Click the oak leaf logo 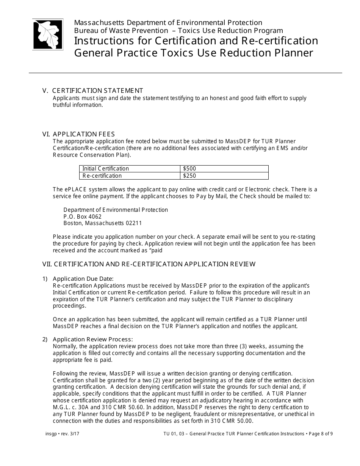click(x=48, y=34)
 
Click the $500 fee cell click(x=189, y=169)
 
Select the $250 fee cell click(x=189, y=176)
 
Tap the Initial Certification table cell click(x=106, y=169)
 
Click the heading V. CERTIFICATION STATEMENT click(x=93, y=91)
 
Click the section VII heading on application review click(x=149, y=264)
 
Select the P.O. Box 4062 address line click(x=83, y=217)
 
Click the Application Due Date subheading click(x=83, y=279)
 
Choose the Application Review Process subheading click(x=93, y=339)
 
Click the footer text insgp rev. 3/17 click(x=63, y=434)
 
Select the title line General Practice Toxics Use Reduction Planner click(x=194, y=53)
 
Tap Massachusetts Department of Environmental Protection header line click(x=168, y=23)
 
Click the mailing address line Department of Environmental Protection click(x=116, y=210)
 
